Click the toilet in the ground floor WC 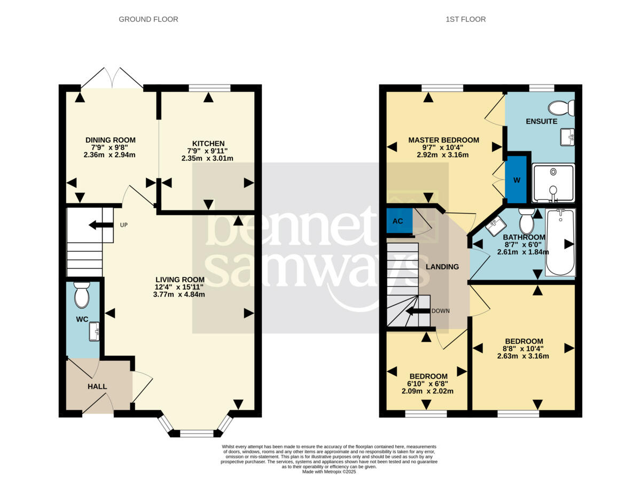click(82, 294)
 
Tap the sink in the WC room click(94, 331)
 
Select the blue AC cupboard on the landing click(400, 221)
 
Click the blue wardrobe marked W click(516, 180)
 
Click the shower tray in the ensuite click(553, 183)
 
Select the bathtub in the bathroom click(560, 243)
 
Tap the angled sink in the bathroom click(496, 226)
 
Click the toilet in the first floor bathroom click(527, 221)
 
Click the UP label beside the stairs click(124, 225)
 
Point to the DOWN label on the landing click(441, 311)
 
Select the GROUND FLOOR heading click(148, 19)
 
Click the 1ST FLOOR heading click(465, 19)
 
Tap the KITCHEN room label click(208, 143)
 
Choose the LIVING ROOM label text click(180, 280)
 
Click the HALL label click(97, 386)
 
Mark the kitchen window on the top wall click(209, 88)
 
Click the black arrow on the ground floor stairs click(101, 225)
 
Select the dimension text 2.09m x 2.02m click(427, 391)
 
